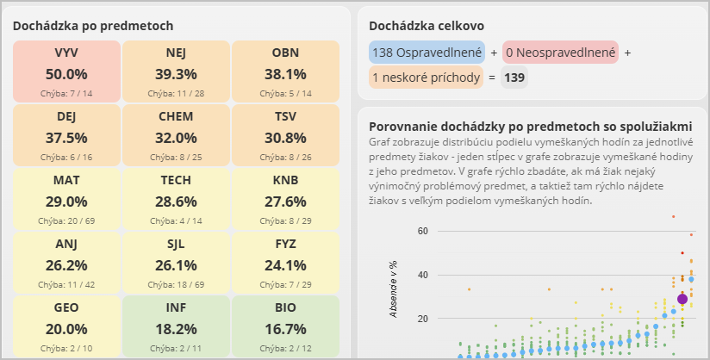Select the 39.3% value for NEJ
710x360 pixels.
tap(176, 74)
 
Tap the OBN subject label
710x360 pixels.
tap(285, 53)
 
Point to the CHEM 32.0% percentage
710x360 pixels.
tap(176, 138)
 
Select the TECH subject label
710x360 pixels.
tap(176, 180)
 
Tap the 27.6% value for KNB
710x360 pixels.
tap(285, 202)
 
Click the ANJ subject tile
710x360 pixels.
tap(66, 263)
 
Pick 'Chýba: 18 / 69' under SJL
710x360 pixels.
tap(176, 283)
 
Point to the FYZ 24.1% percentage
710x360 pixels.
tap(285, 265)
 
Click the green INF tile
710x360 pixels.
tap(176, 326)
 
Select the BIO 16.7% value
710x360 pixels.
tap(285, 329)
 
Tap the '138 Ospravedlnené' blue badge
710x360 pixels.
tap(427, 53)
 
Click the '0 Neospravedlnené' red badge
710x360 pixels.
tap(560, 53)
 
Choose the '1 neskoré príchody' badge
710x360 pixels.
tap(426, 78)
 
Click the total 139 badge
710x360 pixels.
tap(514, 78)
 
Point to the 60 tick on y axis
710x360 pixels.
tap(421, 231)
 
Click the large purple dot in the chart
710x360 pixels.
tap(682, 299)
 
